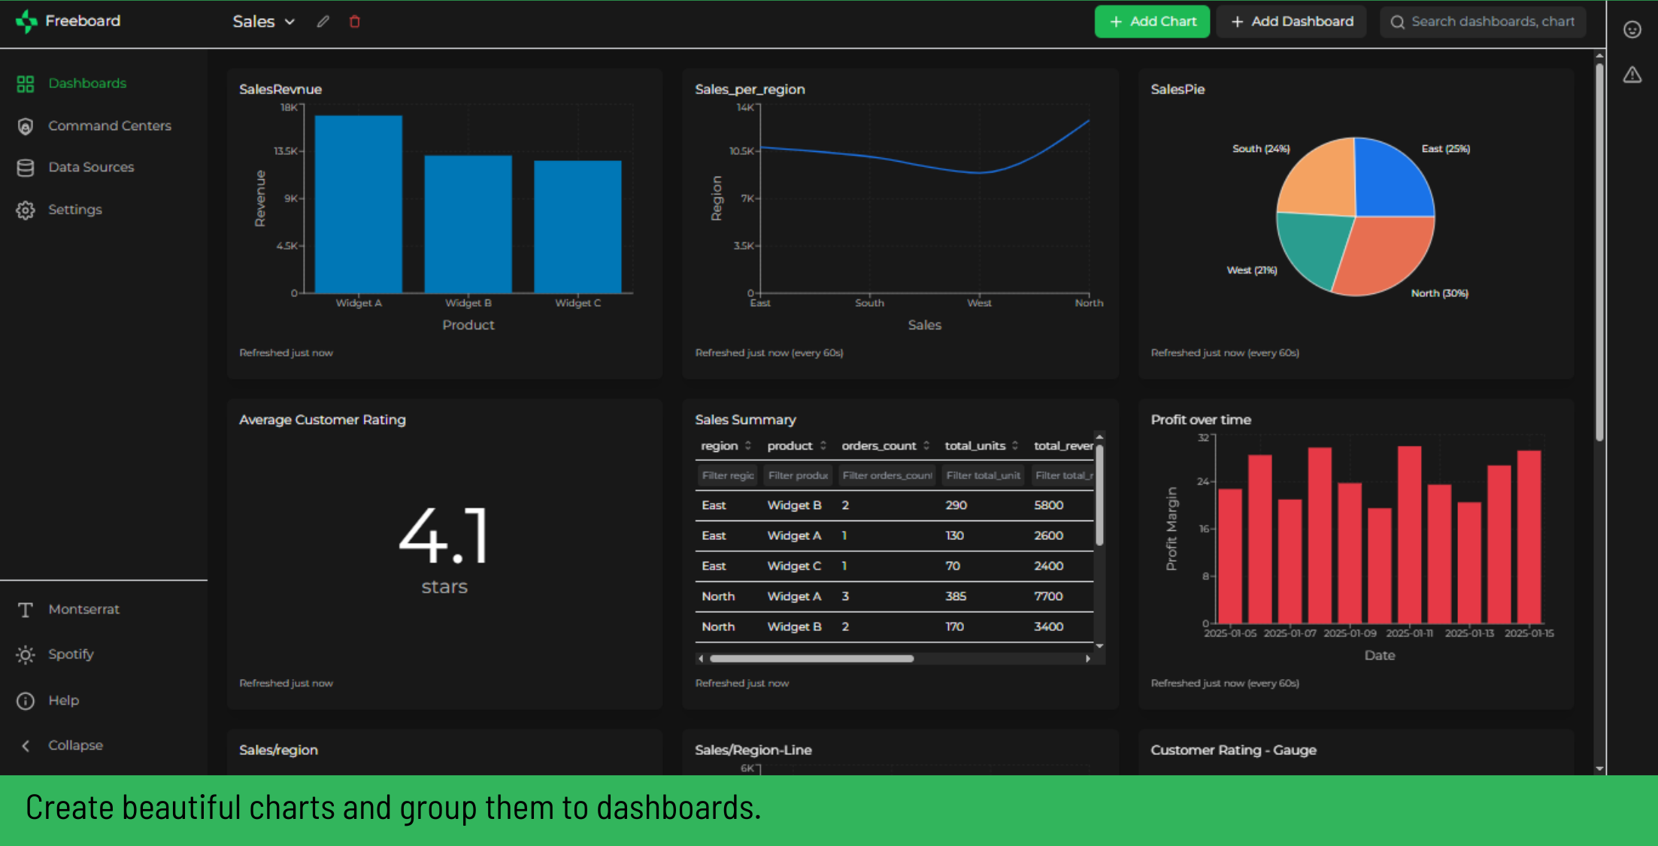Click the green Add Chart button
1151,22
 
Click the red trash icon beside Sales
355,22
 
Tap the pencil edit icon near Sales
323,22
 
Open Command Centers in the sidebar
109,126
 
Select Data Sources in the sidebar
91,167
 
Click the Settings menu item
74,209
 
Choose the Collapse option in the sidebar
75,745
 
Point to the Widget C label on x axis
577,303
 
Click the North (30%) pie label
1439,293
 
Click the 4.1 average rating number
444,535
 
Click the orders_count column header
879,446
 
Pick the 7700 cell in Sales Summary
1048,596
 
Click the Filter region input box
727,475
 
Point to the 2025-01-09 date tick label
1350,633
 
